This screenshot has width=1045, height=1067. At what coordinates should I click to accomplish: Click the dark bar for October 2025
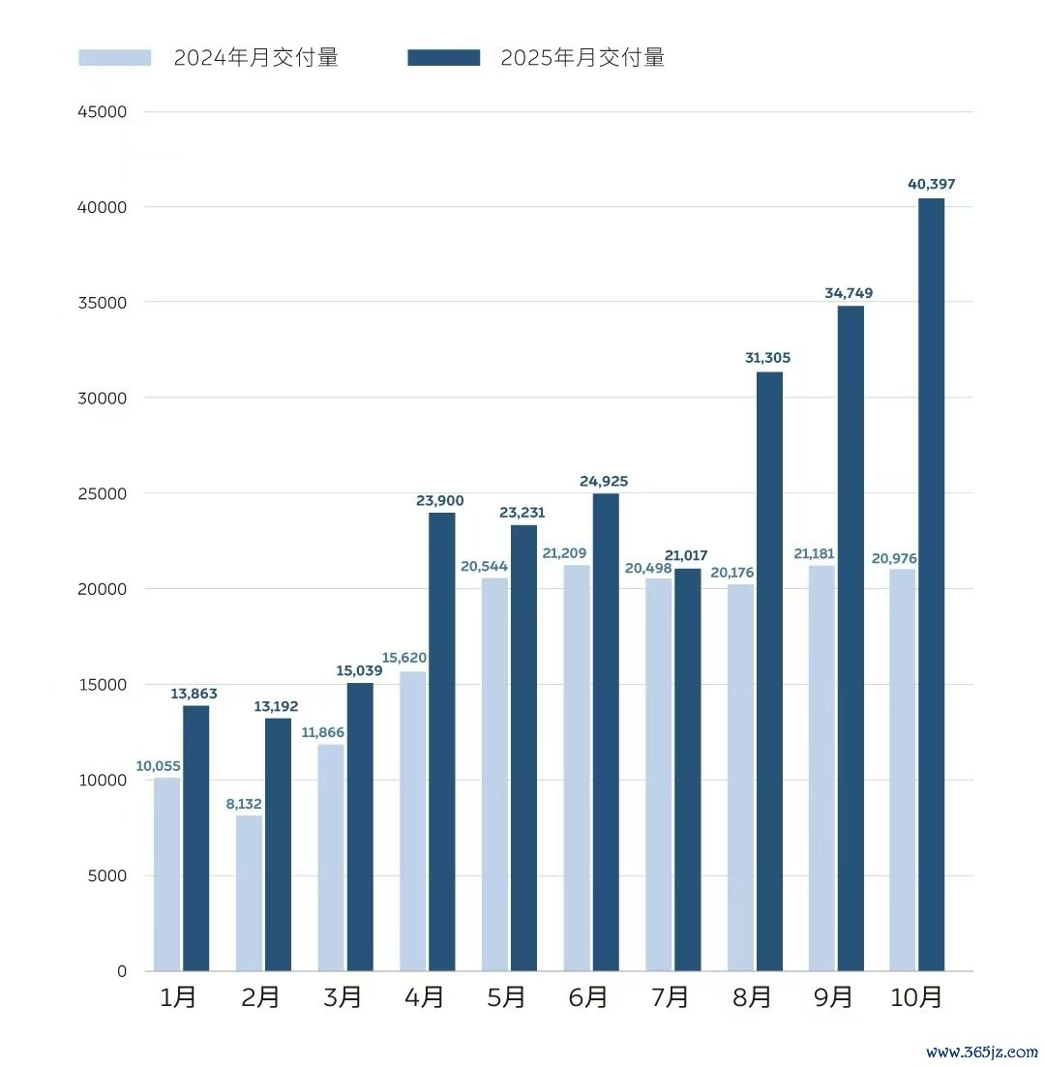[x=931, y=584]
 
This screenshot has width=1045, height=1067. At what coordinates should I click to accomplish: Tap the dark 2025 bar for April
[x=441, y=741]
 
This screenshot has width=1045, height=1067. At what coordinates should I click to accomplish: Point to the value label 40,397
[x=932, y=184]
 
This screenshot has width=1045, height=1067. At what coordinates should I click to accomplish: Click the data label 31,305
[x=768, y=358]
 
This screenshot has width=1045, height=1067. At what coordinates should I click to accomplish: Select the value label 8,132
[x=243, y=803]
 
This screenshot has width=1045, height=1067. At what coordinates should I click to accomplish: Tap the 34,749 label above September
[x=850, y=292]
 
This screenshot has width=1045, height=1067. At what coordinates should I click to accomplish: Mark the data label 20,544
[x=484, y=566]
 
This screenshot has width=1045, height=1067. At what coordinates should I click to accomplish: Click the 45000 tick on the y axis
[x=103, y=112]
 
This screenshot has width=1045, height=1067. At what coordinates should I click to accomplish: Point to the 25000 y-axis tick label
[x=103, y=493]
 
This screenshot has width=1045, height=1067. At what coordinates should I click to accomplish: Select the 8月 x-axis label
[x=753, y=997]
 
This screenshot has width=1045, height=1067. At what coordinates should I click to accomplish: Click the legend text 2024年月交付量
[x=255, y=58]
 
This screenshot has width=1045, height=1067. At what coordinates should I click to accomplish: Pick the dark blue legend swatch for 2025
[x=443, y=58]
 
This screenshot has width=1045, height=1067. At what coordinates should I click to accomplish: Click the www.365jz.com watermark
[x=981, y=1052]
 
